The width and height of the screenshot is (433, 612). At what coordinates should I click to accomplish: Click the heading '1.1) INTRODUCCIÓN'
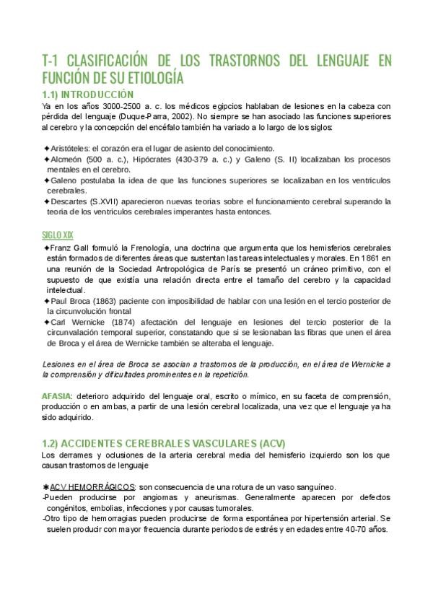(x=88, y=94)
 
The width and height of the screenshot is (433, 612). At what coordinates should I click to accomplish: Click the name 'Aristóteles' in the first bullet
(x=71, y=148)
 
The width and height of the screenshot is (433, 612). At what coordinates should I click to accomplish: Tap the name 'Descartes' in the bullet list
(x=71, y=201)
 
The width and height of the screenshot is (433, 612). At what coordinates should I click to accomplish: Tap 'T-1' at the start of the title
(x=52, y=60)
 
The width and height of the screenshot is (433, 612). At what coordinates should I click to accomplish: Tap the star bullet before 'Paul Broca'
(x=46, y=300)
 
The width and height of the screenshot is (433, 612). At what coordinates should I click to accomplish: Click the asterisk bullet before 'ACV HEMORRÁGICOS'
(x=46, y=488)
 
